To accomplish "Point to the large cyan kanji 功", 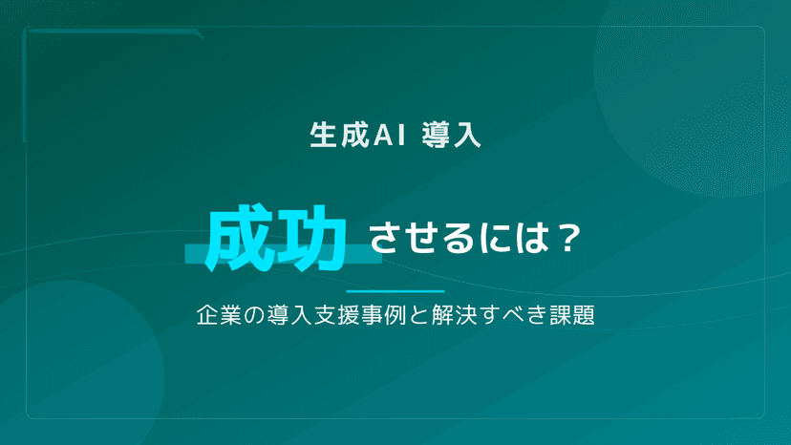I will tap(311, 239).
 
